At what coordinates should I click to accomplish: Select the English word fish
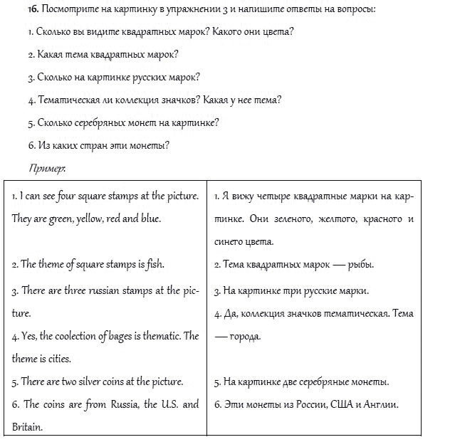pyautogui.click(x=155, y=265)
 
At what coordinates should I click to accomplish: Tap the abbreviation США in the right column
pyautogui.click(x=343, y=405)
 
